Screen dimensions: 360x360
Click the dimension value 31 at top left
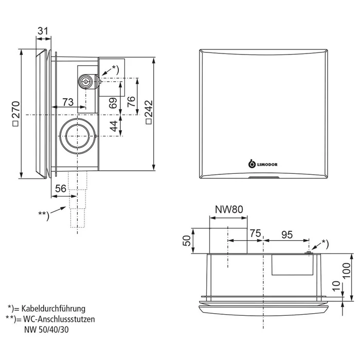(43, 31)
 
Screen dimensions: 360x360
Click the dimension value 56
(60, 189)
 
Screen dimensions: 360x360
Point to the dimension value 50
(188, 240)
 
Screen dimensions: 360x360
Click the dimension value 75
(255, 232)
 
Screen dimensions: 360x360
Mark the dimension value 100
(347, 268)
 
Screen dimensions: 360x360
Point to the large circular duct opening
(77, 135)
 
